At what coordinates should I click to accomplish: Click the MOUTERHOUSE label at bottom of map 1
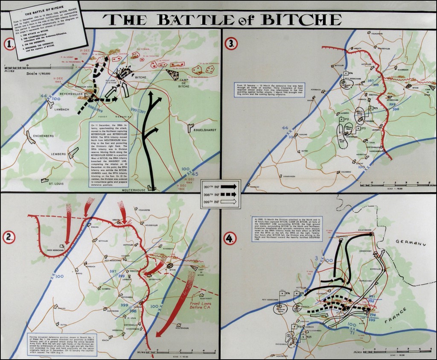pyautogui.click(x=132, y=190)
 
